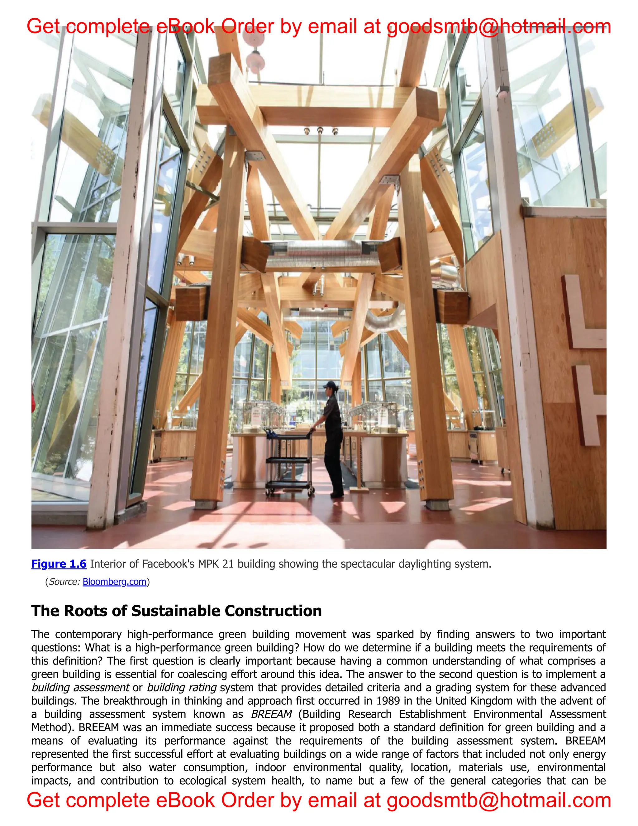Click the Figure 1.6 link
point(59,564)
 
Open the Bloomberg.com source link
point(114,582)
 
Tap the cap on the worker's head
point(329,385)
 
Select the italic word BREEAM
point(271,714)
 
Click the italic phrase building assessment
point(80,688)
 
